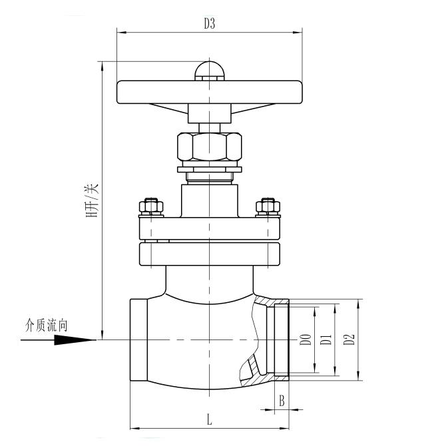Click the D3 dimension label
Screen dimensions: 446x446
coord(209,23)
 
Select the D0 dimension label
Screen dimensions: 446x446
coord(306,339)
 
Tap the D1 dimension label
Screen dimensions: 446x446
coord(326,339)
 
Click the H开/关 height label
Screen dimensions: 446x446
coord(93,200)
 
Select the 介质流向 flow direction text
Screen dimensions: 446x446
coord(47,325)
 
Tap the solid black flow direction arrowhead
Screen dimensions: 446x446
coord(70,339)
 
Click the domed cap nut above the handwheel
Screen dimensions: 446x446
coord(209,71)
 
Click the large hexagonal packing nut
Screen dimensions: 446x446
coord(209,146)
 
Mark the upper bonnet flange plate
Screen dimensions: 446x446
coord(209,228)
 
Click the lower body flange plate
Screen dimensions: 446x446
coord(209,254)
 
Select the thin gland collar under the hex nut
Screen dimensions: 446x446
coord(209,170)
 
